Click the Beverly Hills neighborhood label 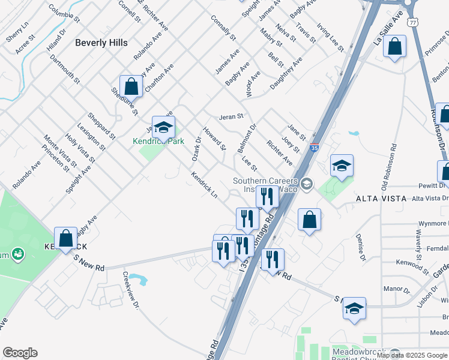point(101,43)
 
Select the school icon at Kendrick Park point(163,128)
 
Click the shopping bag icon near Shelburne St point(131,87)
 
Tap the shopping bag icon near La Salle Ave point(395,47)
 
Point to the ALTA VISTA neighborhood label point(381,198)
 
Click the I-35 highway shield point(315,147)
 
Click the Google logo point(20,353)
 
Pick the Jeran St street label point(231,116)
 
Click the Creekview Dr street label point(130,290)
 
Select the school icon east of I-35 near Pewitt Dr point(342,166)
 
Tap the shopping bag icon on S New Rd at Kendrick point(65,239)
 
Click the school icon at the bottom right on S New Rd point(354,310)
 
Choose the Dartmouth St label point(65,68)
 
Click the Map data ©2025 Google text point(412,355)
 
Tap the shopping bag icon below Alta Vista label point(309,220)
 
